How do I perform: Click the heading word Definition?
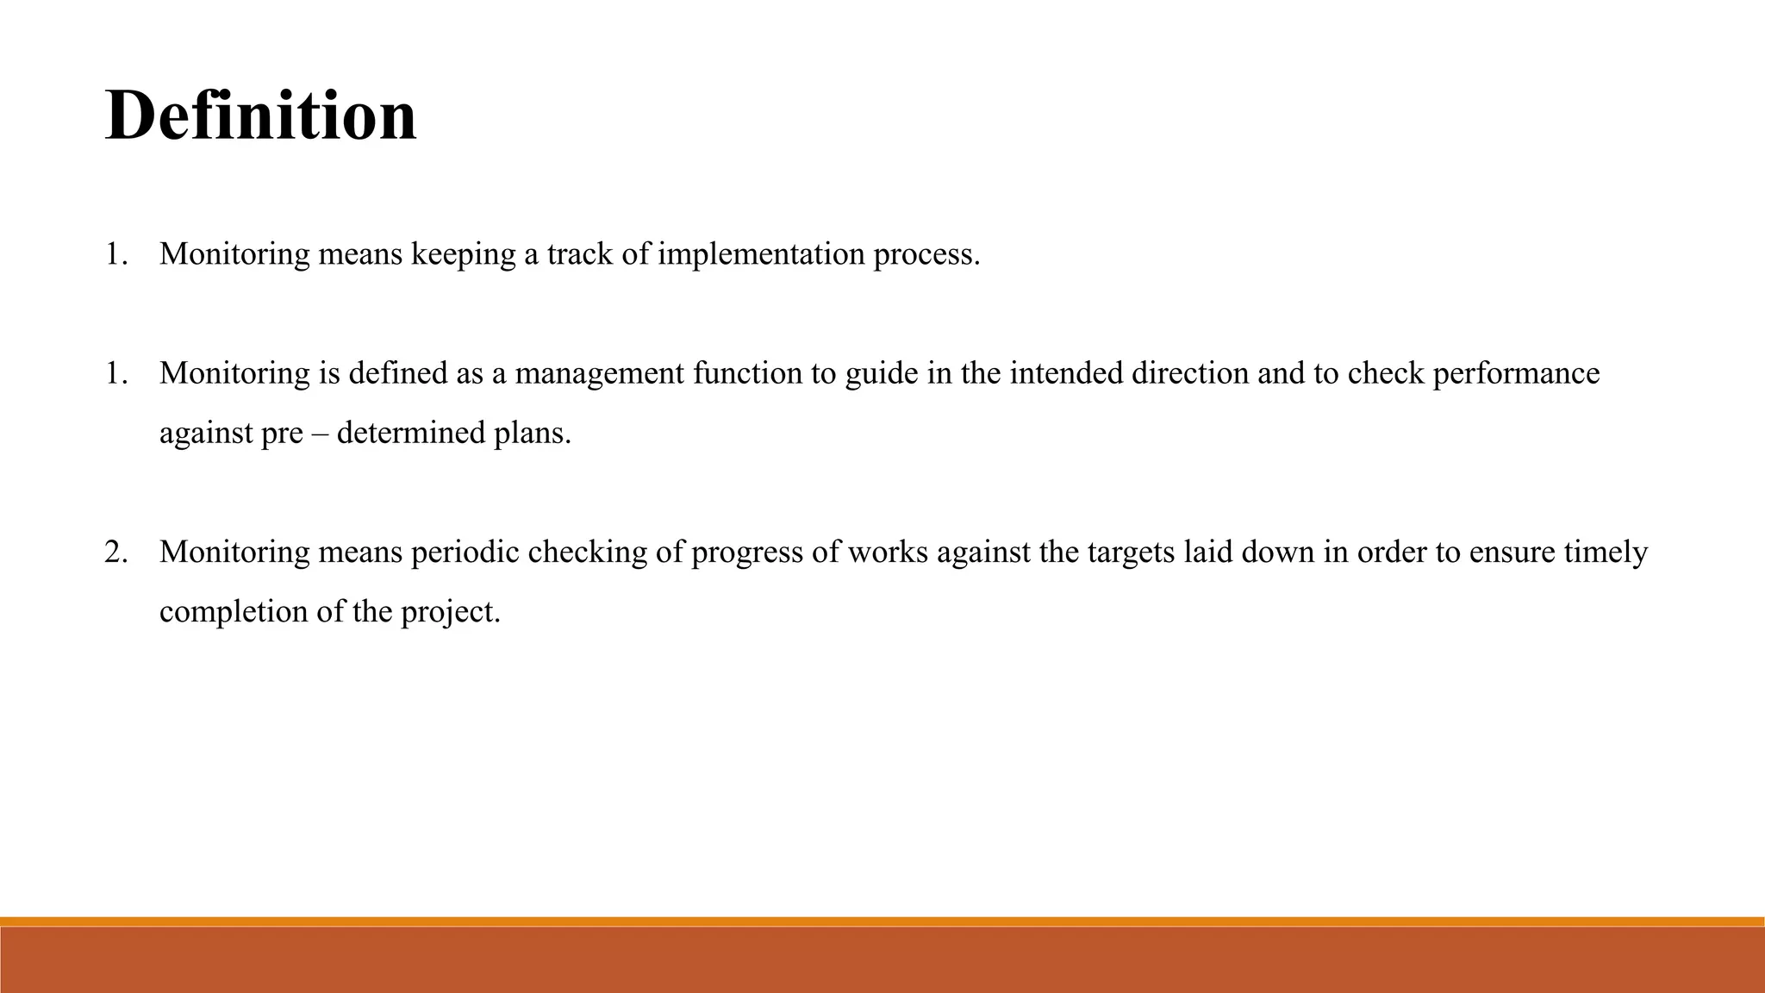260,116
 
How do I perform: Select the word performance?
1516,374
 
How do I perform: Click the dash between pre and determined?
320,433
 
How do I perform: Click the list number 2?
115,552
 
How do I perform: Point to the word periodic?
465,552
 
